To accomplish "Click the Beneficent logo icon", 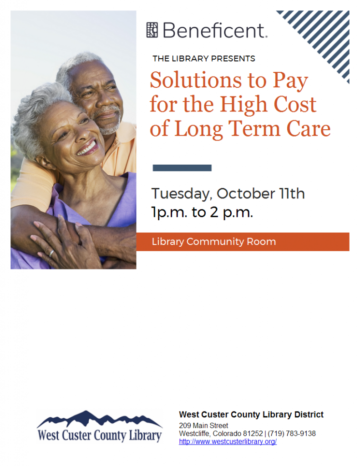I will [152, 30].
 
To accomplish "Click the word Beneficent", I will [213, 30].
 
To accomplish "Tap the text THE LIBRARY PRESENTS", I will [203, 59].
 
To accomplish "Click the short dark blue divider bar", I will [182, 168].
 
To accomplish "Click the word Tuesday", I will [180, 194].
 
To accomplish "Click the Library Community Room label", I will [213, 242].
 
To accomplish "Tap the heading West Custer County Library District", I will [251, 415].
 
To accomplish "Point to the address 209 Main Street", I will [203, 425].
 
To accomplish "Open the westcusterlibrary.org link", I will [228, 442].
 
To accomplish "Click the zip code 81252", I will [252, 434].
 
